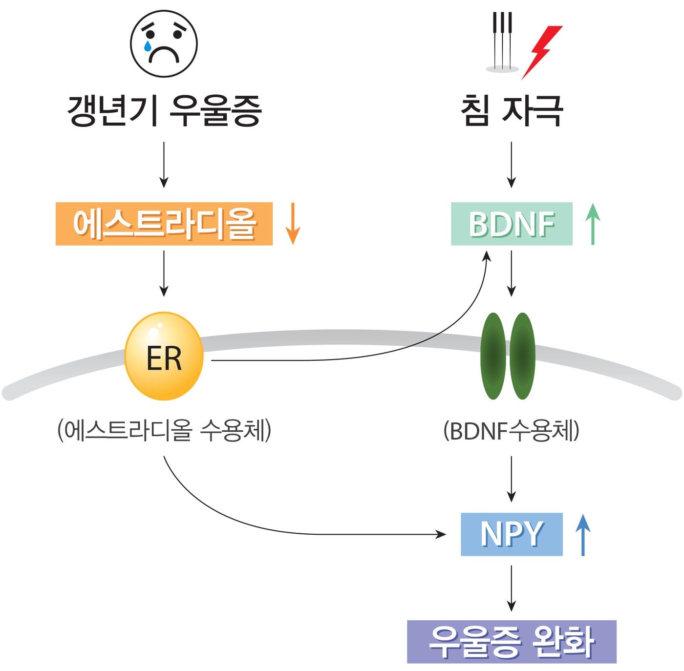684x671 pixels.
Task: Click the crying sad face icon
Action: click(x=164, y=43)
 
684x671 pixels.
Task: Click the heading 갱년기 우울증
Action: click(x=164, y=111)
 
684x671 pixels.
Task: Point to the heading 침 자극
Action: click(x=512, y=111)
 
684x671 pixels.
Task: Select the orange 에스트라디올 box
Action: click(x=164, y=224)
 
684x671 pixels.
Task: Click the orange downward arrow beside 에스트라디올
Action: click(x=292, y=223)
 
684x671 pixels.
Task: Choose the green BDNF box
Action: click(x=511, y=224)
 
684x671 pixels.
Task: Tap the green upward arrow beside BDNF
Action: click(x=593, y=224)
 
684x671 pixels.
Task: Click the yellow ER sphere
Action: click(x=164, y=356)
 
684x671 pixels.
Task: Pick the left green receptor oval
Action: click(x=493, y=356)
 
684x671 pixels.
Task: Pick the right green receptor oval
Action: click(x=522, y=356)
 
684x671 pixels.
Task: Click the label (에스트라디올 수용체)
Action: click(x=164, y=431)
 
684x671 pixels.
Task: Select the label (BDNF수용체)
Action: click(x=511, y=431)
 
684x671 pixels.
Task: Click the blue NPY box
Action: click(x=511, y=534)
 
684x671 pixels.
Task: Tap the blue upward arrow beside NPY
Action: click(x=582, y=535)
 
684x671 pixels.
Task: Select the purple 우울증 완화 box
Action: click(x=512, y=642)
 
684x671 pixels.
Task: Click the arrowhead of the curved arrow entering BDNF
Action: click(x=486, y=256)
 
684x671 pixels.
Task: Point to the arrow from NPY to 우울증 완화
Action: click(x=511, y=588)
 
